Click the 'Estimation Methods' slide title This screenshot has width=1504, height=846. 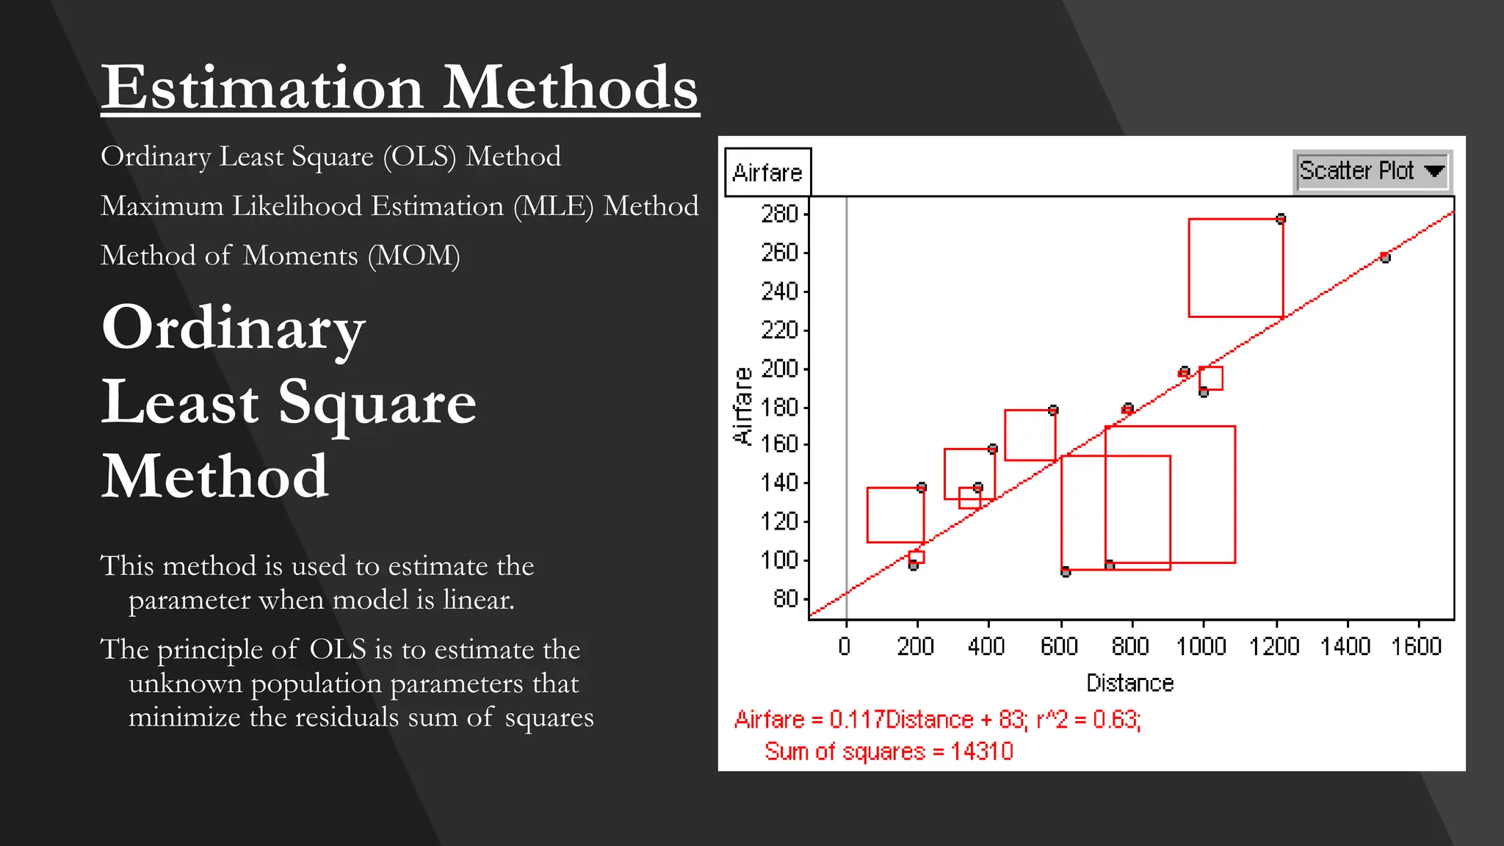pos(399,87)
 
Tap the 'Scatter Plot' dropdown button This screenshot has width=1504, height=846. pos(1370,171)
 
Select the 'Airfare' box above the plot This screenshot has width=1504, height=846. pos(767,173)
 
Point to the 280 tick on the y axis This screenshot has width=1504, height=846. pos(780,214)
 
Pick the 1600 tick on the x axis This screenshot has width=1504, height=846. pos(1417,646)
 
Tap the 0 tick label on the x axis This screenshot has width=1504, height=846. pos(845,646)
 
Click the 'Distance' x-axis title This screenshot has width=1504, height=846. pos(1129,683)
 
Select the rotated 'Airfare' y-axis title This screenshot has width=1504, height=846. pos(743,405)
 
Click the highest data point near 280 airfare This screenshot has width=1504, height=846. pos(1281,219)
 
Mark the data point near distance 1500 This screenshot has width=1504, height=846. pos(1384,257)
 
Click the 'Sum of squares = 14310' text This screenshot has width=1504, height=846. pos(889,751)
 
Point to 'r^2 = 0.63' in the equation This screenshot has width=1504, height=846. pos(1088,719)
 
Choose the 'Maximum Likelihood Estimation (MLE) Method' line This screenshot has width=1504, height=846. pos(399,206)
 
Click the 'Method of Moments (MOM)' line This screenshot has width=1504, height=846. pos(281,256)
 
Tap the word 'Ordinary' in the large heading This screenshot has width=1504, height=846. pos(234,328)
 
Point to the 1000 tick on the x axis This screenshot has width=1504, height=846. pos(1201,646)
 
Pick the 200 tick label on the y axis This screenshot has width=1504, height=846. pos(780,369)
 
